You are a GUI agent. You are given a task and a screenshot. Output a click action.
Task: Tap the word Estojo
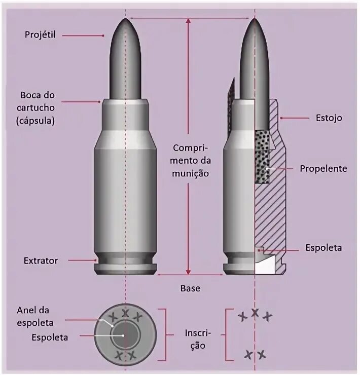click(328, 118)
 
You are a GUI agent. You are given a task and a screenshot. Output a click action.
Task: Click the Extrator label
click(41, 261)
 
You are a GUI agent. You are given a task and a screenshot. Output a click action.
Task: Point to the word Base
click(190, 288)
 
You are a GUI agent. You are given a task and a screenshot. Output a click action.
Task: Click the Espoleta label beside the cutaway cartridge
click(323, 248)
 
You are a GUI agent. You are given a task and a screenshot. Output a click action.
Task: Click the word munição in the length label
click(190, 173)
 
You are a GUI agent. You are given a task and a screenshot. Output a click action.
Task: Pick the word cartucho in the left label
click(39, 107)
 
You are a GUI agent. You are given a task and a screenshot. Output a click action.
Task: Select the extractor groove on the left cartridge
click(125, 262)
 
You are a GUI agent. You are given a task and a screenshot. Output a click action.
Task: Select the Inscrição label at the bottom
click(195, 339)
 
